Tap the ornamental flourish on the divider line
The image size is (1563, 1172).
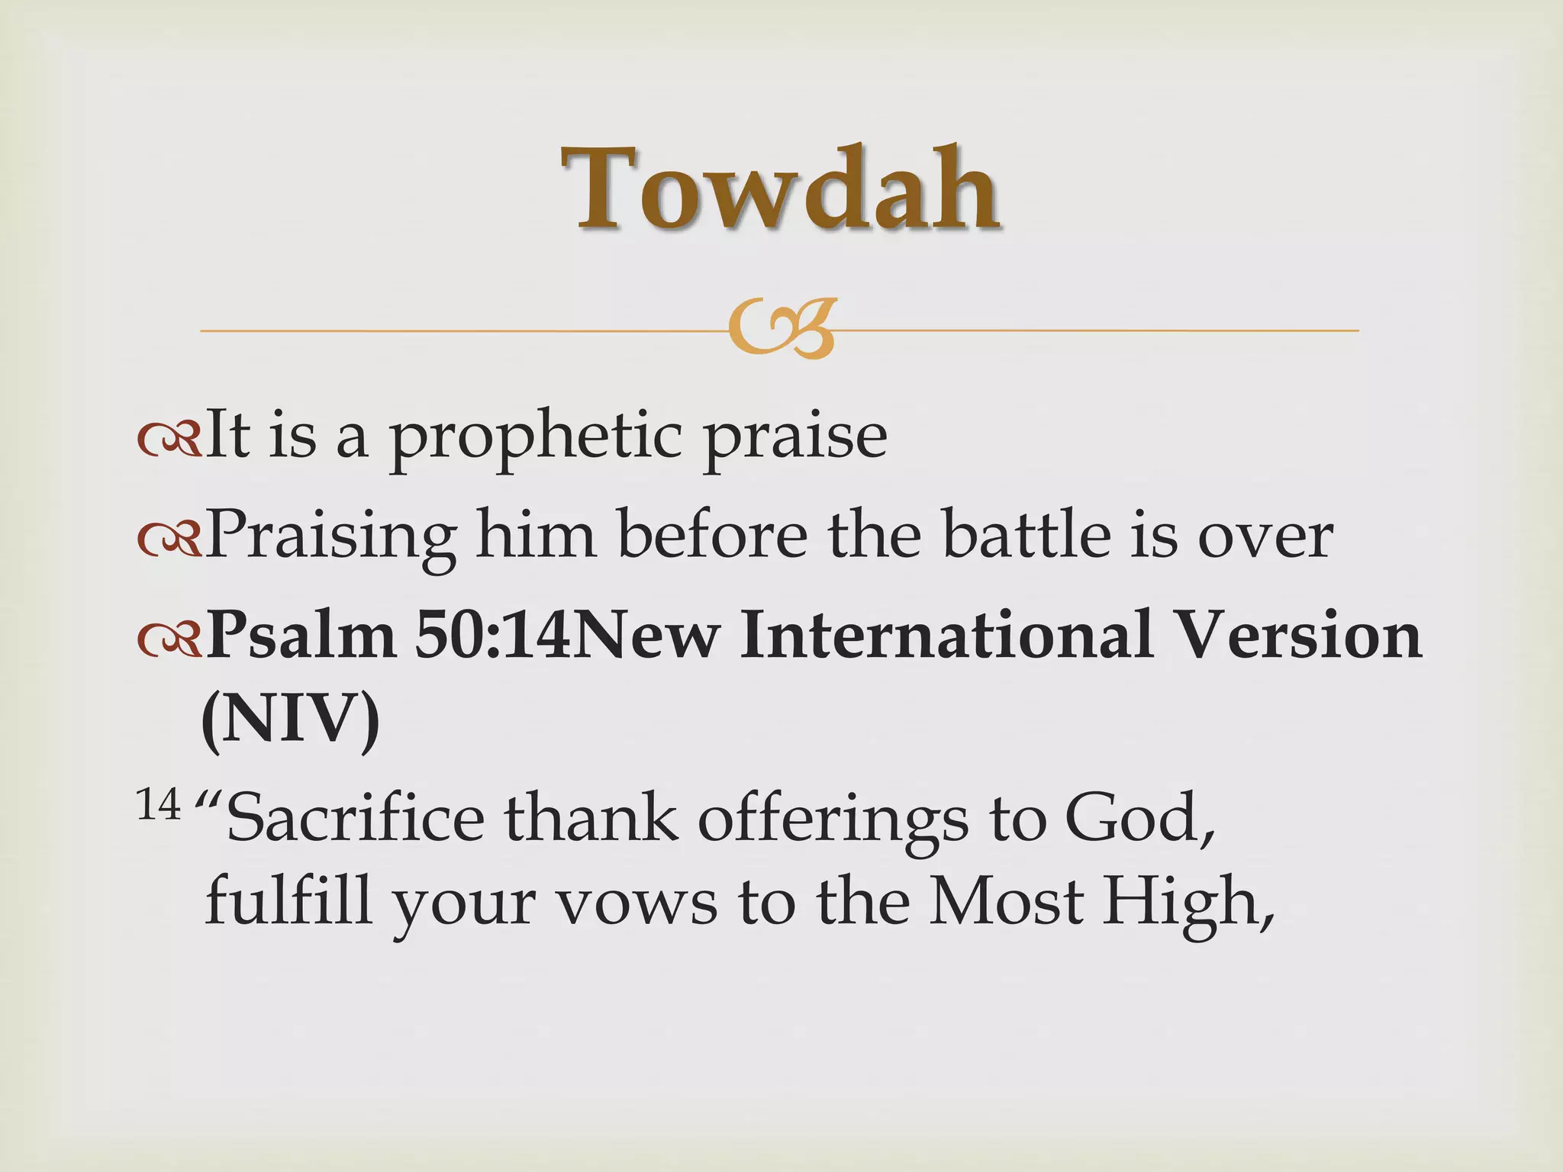pyautogui.click(x=781, y=330)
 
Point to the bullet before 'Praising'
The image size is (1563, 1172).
pyautogui.click(x=169, y=539)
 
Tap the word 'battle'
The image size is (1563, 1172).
pyautogui.click(x=1026, y=534)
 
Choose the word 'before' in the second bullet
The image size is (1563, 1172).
pyautogui.click(x=712, y=534)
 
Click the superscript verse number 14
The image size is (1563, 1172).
pyautogui.click(x=159, y=805)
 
